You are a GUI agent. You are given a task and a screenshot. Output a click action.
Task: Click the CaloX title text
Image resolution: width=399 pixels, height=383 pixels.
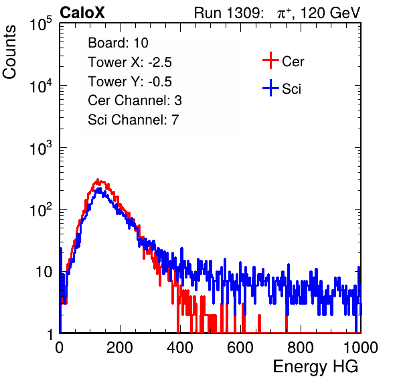coord(82,13)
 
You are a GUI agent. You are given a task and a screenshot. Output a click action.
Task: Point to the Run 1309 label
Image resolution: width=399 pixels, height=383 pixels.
coord(228,13)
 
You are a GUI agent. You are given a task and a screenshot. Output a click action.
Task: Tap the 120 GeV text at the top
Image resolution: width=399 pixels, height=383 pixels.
coord(331,13)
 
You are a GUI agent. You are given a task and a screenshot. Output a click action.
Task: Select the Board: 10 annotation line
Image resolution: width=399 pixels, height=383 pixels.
coord(118,43)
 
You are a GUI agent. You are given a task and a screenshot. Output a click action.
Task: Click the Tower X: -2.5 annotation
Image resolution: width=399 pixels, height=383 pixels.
coord(130,62)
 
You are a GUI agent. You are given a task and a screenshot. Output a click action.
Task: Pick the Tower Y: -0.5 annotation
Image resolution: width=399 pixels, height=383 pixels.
coord(130,82)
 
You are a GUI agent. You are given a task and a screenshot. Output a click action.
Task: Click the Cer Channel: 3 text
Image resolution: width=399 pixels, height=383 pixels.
coord(135,100)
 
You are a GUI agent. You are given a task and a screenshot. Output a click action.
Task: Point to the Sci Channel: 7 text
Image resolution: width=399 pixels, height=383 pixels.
coord(133,120)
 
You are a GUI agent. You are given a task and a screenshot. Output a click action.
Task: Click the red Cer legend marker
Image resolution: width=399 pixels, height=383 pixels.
coord(270,60)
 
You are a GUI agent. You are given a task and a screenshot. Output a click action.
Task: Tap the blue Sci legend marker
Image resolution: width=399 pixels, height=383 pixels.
coord(270,88)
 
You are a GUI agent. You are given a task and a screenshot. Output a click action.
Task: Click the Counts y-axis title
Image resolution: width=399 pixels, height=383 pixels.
coord(9,52)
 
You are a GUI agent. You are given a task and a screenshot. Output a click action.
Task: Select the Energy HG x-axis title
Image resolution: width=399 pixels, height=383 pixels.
coord(315,366)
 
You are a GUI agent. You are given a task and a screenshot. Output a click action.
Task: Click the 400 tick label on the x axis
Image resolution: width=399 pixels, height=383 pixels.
coord(180,348)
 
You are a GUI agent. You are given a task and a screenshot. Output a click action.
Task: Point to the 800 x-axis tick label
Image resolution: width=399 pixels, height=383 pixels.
coord(301,348)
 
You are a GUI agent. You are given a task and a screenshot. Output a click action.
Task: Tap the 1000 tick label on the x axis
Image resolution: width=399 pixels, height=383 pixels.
coord(361,348)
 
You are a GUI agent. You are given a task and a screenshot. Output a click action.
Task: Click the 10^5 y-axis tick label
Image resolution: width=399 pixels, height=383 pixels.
coord(41,24)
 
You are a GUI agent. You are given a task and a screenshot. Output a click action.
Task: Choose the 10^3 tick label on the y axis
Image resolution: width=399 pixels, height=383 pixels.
coord(41,148)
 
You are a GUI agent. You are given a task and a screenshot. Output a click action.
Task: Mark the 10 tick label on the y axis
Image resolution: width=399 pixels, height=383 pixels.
coord(44,272)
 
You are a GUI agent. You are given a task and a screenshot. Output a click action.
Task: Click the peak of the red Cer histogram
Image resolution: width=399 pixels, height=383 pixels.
coord(98,179)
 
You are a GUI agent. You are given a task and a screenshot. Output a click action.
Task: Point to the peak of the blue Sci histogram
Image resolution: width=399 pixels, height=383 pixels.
coord(100,189)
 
